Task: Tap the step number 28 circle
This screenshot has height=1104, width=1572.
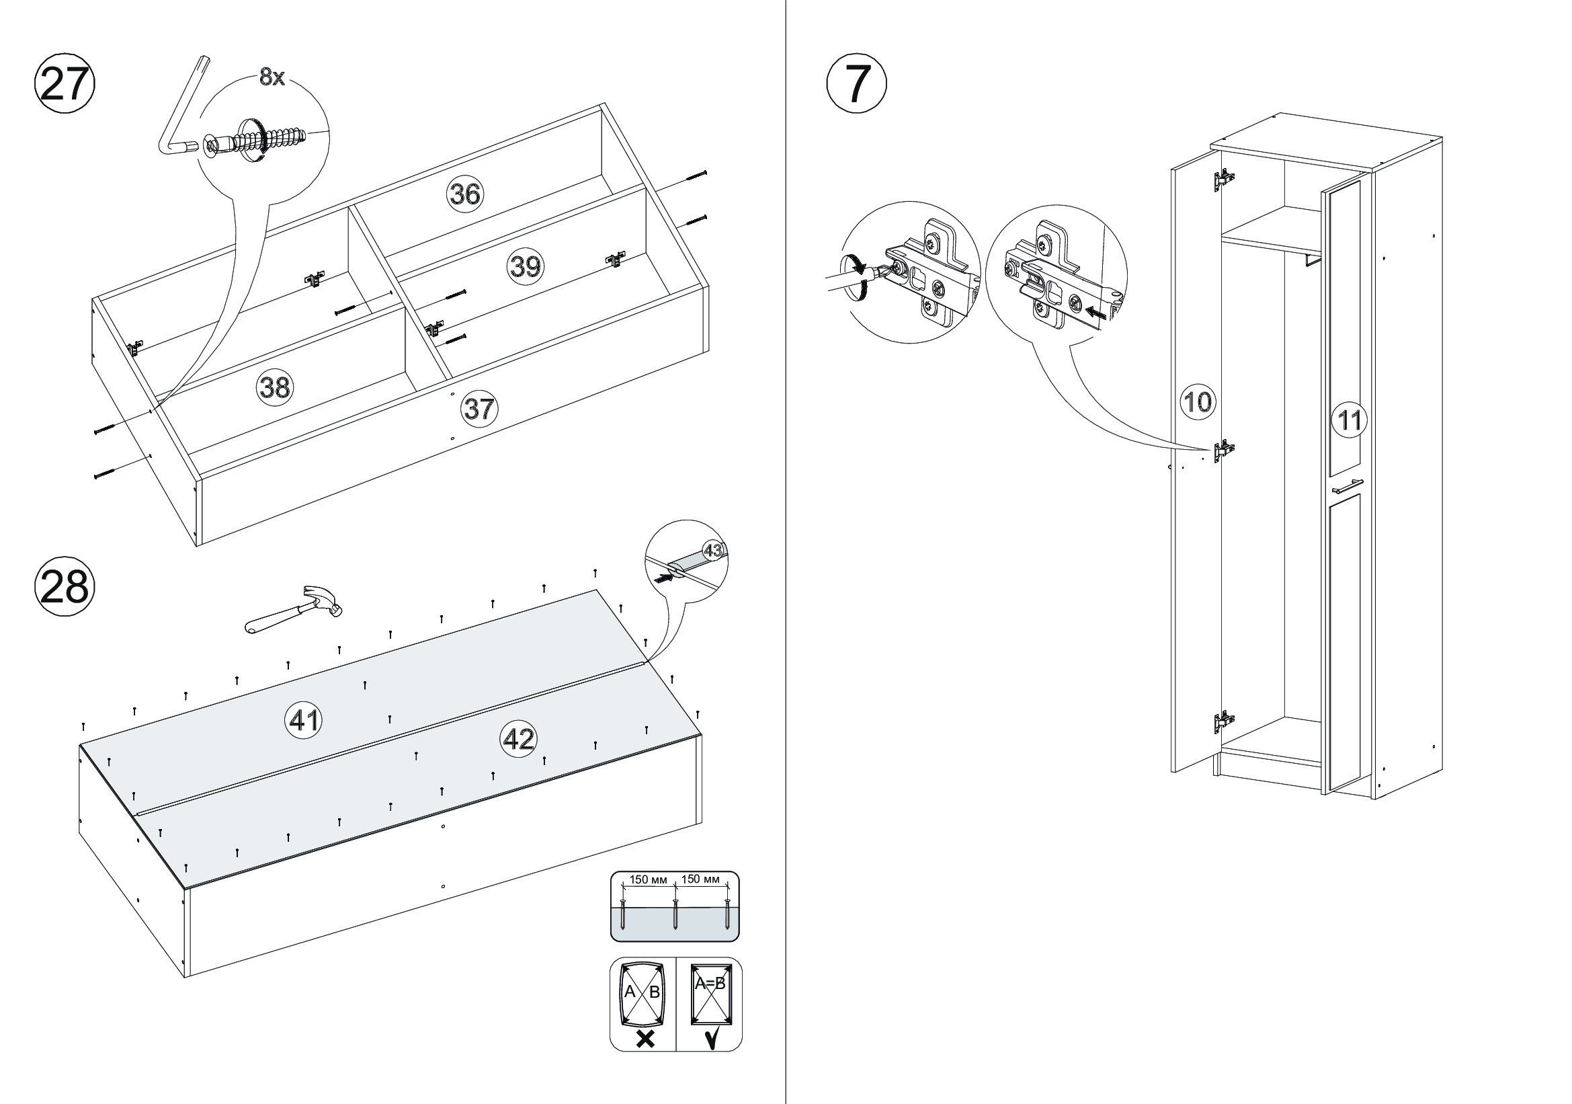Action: click(65, 587)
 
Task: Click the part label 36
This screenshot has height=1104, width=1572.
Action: click(465, 194)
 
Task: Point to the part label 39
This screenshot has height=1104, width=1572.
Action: click(525, 266)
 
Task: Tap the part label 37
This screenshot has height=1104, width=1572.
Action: click(479, 409)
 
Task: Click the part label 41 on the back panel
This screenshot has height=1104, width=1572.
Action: click(303, 720)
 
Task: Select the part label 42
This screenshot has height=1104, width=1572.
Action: click(519, 739)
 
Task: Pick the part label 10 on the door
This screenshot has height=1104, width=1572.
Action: click(1198, 401)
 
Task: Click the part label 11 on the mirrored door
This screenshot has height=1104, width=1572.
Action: click(1349, 419)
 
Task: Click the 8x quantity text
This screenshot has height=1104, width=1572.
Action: click(272, 78)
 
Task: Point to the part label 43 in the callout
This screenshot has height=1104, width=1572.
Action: click(712, 550)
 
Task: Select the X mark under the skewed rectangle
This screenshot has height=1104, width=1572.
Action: click(645, 1039)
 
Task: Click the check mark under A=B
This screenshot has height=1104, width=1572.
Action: click(711, 1039)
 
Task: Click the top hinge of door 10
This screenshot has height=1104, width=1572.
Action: click(1222, 180)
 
